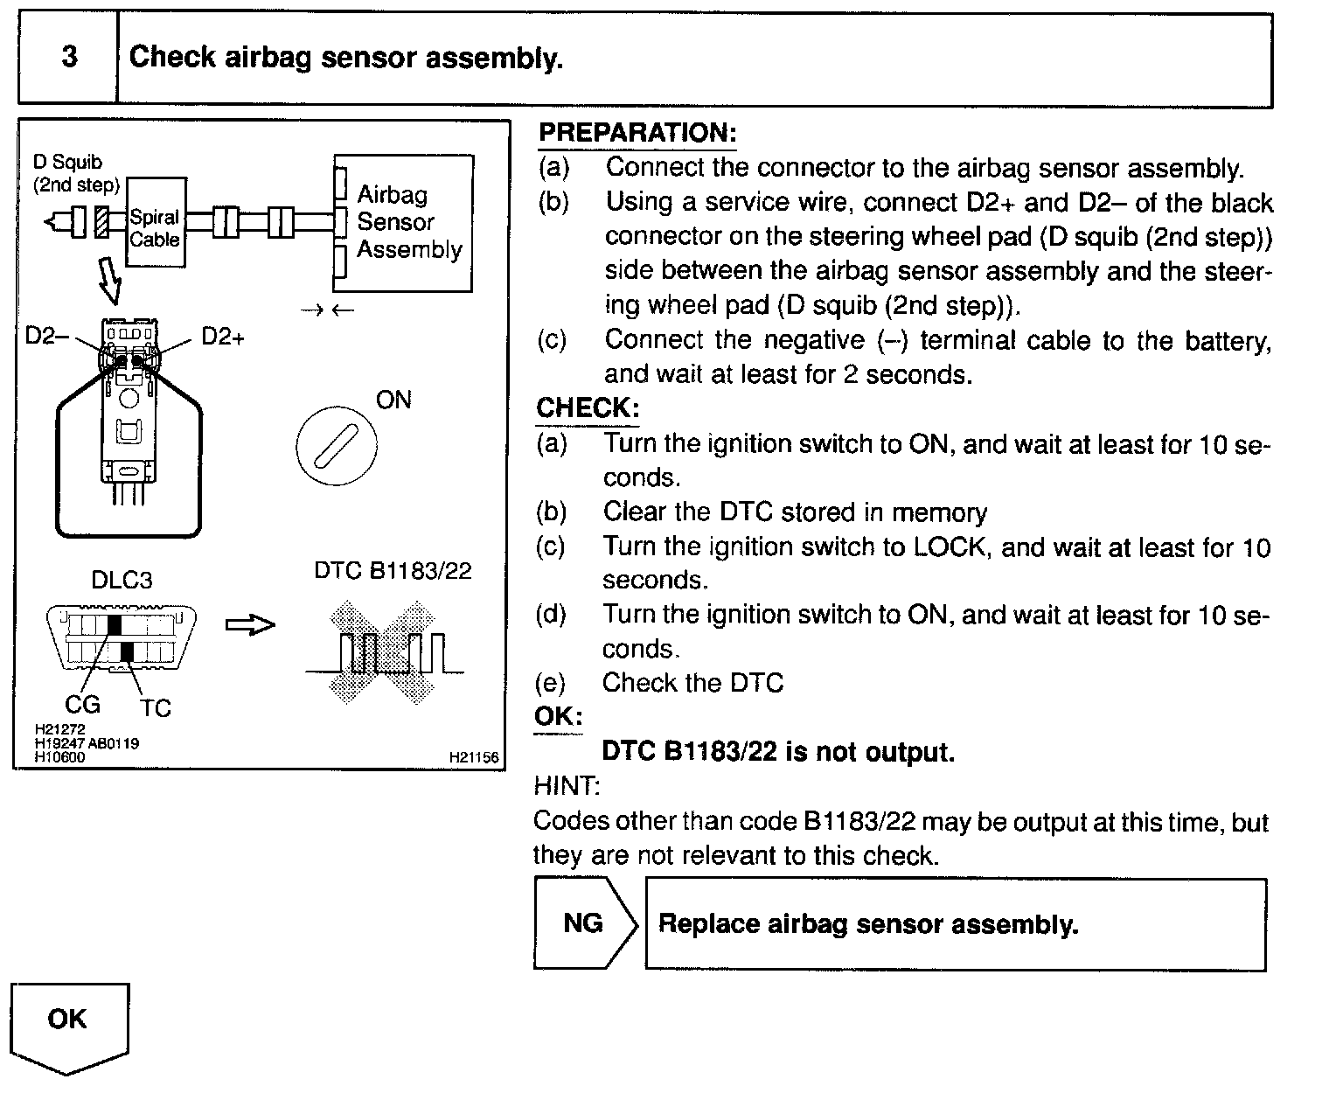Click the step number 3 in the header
(68, 58)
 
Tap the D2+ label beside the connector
(223, 336)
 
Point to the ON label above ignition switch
(393, 400)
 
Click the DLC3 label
(122, 581)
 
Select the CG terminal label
(83, 704)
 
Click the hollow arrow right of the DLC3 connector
(250, 624)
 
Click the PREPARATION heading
(637, 133)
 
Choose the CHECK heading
(588, 408)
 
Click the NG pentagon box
(583, 923)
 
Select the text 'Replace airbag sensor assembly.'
(867, 924)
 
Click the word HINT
(567, 787)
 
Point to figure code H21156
(473, 758)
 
